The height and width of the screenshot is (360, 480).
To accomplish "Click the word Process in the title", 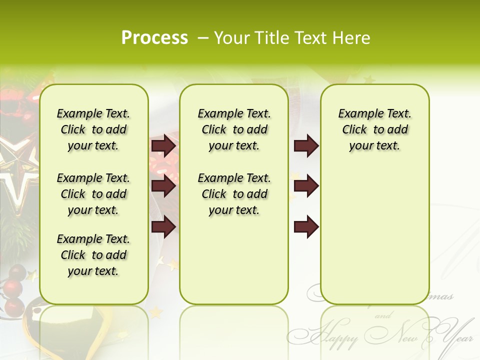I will tap(154, 38).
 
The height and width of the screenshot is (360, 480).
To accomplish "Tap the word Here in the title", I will tap(350, 38).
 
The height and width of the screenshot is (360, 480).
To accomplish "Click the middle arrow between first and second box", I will tap(163, 186).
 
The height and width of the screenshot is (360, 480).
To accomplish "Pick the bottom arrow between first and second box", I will tap(163, 227).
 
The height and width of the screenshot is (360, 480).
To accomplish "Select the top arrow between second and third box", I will tap(306, 145).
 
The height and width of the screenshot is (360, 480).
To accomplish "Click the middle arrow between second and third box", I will tap(306, 186).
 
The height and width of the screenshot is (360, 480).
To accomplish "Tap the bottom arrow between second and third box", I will tap(306, 227).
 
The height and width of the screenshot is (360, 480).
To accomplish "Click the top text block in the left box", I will tap(93, 129).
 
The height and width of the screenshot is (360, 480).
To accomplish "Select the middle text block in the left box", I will tap(93, 194).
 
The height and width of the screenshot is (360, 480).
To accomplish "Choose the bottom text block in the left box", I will tap(93, 255).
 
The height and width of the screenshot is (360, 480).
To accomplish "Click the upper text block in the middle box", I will tap(234, 129).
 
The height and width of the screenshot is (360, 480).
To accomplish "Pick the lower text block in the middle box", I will tap(234, 194).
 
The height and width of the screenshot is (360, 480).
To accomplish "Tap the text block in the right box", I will tap(374, 129).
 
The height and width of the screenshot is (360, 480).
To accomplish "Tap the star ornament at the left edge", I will tap(17, 165).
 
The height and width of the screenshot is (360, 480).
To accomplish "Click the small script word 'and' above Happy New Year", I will tap(382, 316).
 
